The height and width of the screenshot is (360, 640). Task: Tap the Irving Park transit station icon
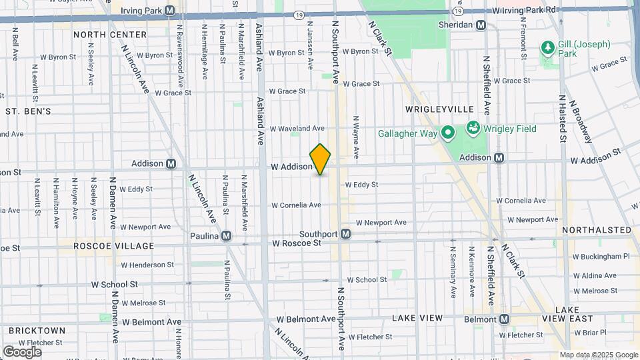(170, 11)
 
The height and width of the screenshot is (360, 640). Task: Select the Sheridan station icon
(481, 25)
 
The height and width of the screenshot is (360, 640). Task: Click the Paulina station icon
(227, 235)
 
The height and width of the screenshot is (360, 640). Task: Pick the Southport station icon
(345, 234)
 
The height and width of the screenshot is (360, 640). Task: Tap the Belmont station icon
(505, 319)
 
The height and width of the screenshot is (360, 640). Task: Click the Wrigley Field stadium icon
(473, 127)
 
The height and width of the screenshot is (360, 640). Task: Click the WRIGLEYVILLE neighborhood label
(439, 109)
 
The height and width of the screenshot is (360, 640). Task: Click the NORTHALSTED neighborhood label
(597, 230)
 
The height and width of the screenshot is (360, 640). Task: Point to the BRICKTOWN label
(37, 330)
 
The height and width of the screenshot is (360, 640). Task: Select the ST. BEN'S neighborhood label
(28, 111)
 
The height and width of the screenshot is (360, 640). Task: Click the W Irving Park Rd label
(525, 11)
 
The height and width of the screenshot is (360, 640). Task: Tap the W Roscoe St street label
(297, 243)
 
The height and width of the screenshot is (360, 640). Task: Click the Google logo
(22, 351)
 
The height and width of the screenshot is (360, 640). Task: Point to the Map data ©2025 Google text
(598, 355)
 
